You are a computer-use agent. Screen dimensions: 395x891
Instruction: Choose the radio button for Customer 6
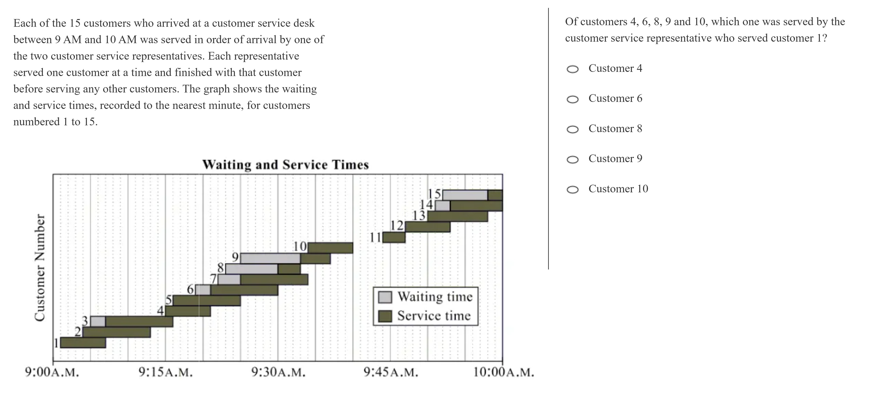coord(572,99)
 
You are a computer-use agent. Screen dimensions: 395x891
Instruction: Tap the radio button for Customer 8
coord(572,129)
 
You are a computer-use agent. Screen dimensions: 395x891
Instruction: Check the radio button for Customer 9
coord(572,159)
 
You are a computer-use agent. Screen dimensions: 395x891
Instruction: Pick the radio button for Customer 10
coord(572,190)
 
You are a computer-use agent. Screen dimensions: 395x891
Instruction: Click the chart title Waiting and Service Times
coord(285,165)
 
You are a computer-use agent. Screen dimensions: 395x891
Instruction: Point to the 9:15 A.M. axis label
coord(165,372)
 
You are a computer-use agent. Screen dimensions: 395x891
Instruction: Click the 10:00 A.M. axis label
coord(503,372)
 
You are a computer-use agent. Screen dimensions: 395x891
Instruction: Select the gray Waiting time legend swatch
coord(385,297)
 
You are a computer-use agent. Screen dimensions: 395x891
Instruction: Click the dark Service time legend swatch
coord(385,316)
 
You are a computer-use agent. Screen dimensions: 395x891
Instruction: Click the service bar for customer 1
coord(83,342)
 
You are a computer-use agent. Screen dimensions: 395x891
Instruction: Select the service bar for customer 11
coord(394,237)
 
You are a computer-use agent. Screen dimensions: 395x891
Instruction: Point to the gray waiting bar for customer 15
coord(465,195)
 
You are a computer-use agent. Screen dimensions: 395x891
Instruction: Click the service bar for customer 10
coord(330,248)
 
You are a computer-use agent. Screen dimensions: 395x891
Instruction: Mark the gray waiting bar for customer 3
coord(98,321)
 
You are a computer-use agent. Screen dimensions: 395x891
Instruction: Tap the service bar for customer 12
coord(428,227)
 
